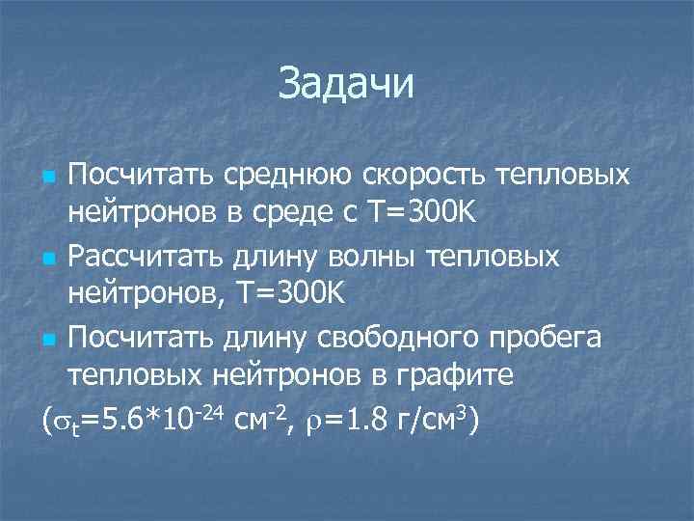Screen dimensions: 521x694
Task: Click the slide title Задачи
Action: [x=346, y=83]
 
